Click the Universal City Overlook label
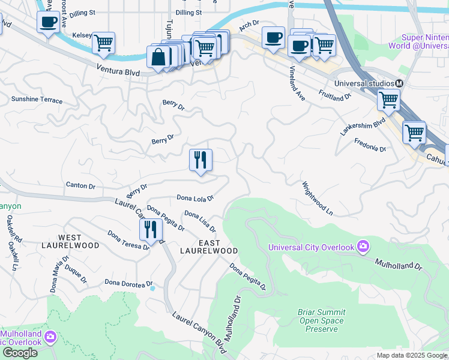pyautogui.click(x=311, y=247)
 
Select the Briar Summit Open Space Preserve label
pyautogui.click(x=321, y=320)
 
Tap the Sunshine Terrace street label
pyautogui.click(x=37, y=100)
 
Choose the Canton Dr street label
pyautogui.click(x=80, y=186)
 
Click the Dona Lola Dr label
pyautogui.click(x=195, y=197)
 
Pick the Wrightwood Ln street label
pyautogui.click(x=317, y=198)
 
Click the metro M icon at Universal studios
pyautogui.click(x=399, y=83)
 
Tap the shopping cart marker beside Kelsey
pyautogui.click(x=103, y=43)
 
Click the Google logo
pyautogui.click(x=20, y=353)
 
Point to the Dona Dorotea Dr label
pyautogui.click(x=128, y=283)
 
